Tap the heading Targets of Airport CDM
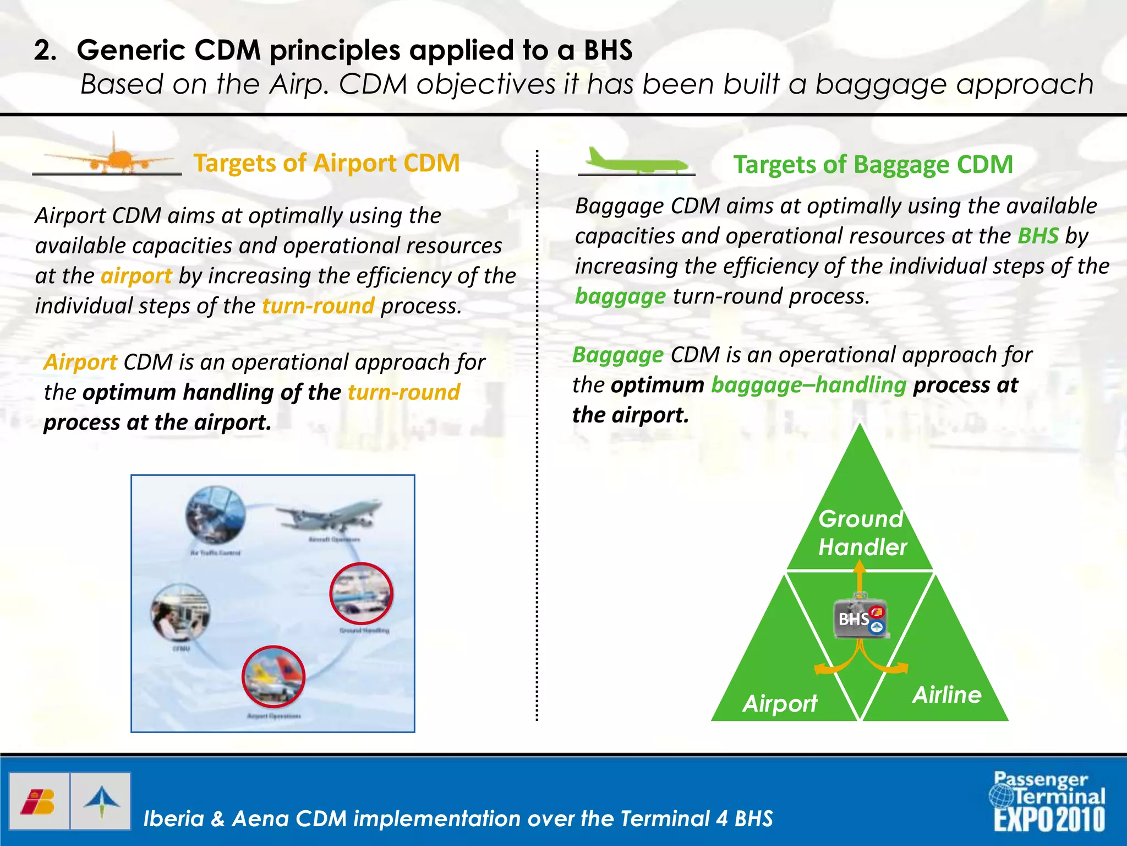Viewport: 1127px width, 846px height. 326,163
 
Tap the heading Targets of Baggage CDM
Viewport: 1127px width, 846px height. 873,165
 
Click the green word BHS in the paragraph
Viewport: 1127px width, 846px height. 1038,236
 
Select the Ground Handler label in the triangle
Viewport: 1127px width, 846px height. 862,533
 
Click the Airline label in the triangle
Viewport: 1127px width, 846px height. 947,695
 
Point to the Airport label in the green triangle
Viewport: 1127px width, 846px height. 780,703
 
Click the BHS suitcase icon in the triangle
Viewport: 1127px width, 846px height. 861,617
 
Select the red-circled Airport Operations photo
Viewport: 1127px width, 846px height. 273,676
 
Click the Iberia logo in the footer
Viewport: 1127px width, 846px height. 39,801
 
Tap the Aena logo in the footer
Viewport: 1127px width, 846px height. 101,801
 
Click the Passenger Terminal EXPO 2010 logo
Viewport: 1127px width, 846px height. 1048,802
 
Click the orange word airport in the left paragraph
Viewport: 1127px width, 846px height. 136,275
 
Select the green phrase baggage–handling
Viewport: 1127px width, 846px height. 808,384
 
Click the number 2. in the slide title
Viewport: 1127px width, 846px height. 46,51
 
